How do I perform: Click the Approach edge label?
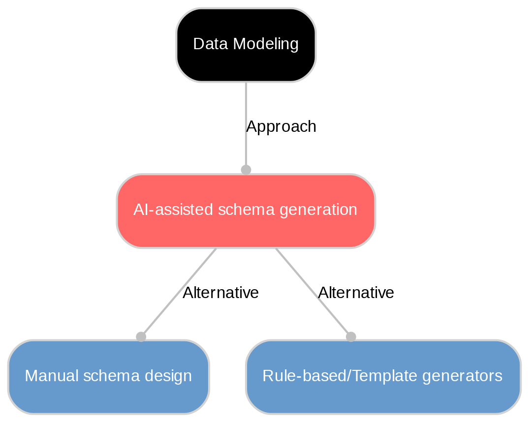pos(280,127)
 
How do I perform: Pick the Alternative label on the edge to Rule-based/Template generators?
pos(356,293)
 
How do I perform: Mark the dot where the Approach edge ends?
pos(246,170)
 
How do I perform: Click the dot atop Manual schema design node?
pos(141,336)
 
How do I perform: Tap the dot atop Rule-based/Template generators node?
pos(350,336)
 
